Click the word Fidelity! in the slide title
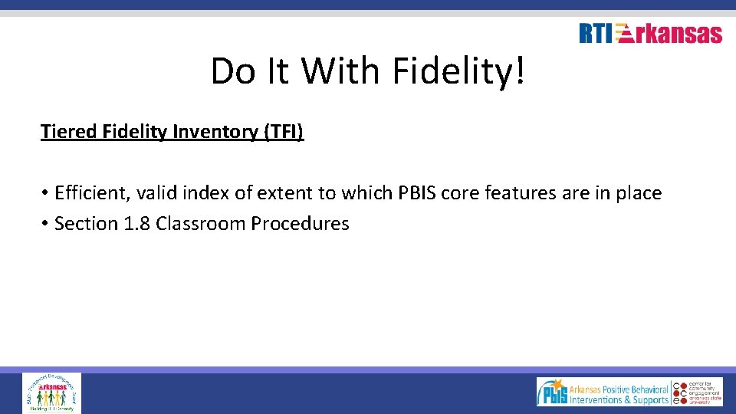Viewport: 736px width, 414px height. (459, 71)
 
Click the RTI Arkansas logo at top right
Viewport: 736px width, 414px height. (650, 34)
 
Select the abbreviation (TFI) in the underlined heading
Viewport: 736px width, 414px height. (284, 132)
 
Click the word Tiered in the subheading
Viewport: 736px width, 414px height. (67, 132)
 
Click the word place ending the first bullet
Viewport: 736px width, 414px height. (636, 193)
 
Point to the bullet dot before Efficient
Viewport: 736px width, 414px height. (46, 193)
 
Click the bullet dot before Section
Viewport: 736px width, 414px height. (46, 224)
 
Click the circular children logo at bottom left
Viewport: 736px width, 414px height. (51, 393)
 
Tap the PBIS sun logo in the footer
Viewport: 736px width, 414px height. (552, 392)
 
